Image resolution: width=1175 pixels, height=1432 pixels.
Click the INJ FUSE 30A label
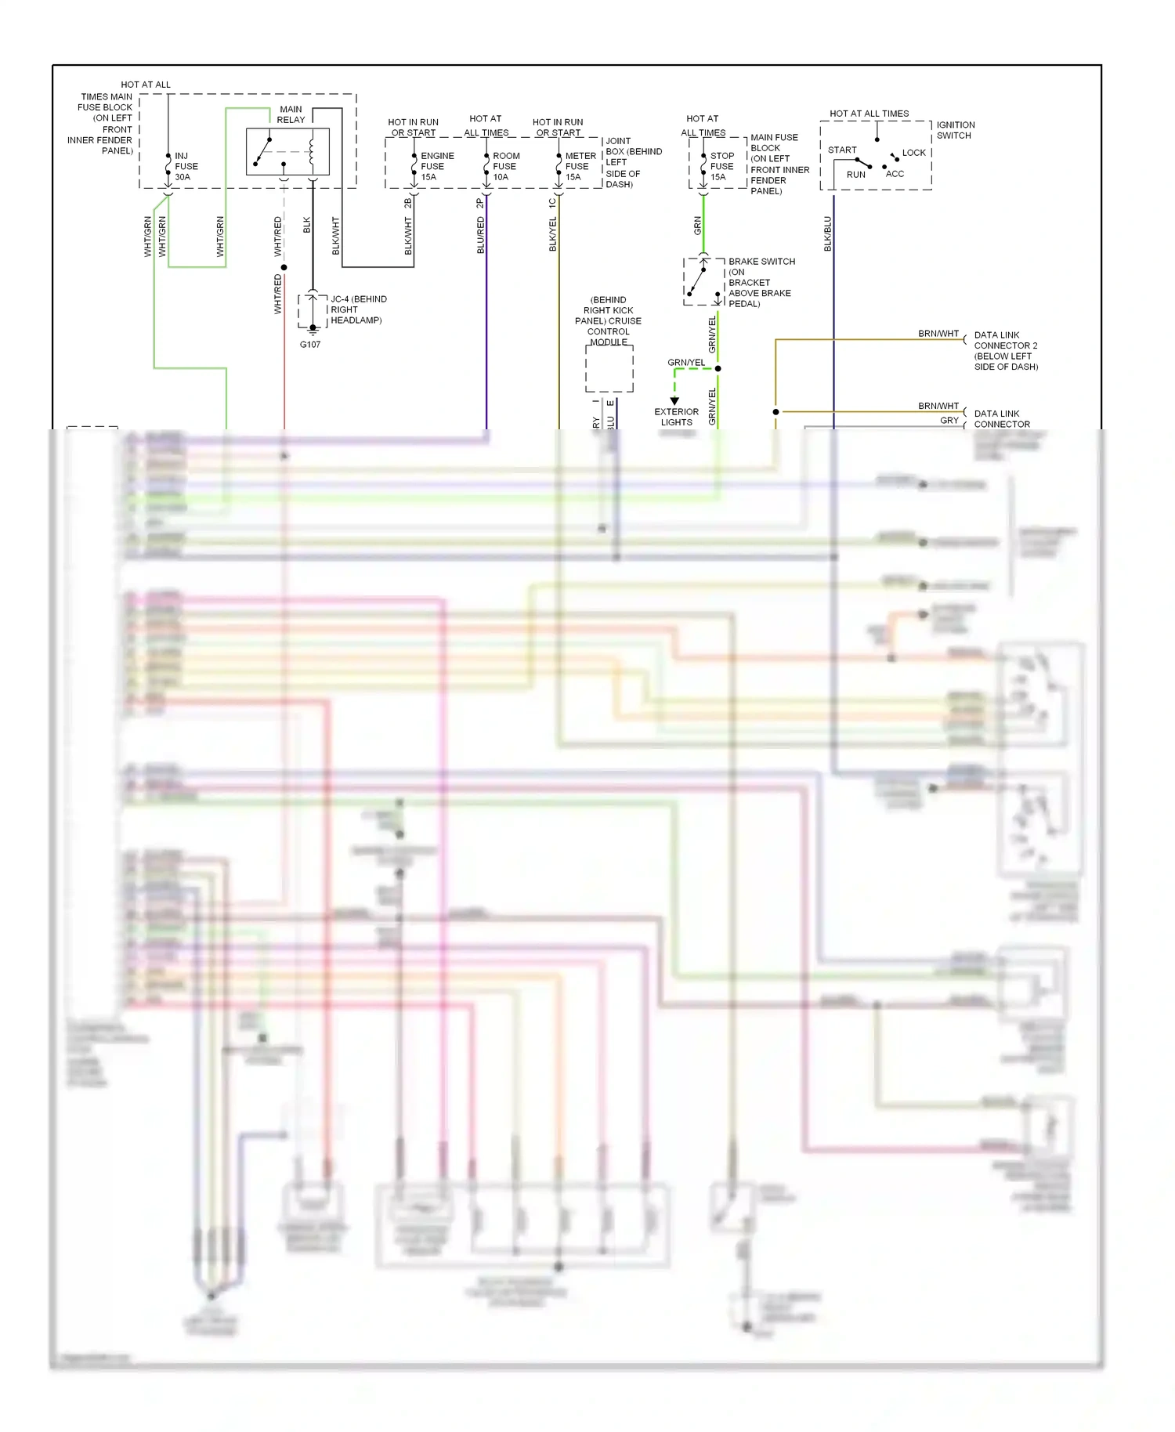pyautogui.click(x=186, y=166)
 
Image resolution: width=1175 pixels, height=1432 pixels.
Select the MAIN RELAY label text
pyautogui.click(x=291, y=114)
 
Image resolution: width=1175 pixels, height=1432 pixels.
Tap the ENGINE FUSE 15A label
pyautogui.click(x=436, y=166)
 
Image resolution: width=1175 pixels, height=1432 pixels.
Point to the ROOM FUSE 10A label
pyautogui.click(x=505, y=166)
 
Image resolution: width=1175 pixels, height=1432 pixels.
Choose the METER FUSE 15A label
pyautogui.click(x=580, y=166)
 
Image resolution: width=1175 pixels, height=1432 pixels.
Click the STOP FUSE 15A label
pyautogui.click(x=721, y=166)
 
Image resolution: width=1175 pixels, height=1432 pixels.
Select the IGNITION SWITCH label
pyautogui.click(x=955, y=130)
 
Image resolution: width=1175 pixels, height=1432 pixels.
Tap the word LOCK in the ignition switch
pyautogui.click(x=913, y=153)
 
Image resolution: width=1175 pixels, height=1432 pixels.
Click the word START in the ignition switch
pyautogui.click(x=842, y=150)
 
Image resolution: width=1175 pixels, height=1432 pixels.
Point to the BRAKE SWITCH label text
pyautogui.click(x=761, y=262)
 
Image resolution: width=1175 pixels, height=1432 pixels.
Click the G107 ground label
pyautogui.click(x=310, y=345)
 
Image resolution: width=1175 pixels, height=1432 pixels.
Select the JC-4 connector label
pyautogui.click(x=358, y=309)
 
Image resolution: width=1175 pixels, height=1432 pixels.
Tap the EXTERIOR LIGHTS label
pyautogui.click(x=676, y=417)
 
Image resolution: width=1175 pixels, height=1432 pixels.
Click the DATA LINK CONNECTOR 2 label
pyautogui.click(x=1005, y=350)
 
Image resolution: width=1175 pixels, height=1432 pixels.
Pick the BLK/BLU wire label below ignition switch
pyautogui.click(x=828, y=233)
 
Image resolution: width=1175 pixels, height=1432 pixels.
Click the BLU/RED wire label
pyautogui.click(x=481, y=235)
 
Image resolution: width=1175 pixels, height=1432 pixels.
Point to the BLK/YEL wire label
pyautogui.click(x=553, y=234)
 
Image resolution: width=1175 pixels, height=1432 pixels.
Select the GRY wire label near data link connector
pyautogui.click(x=949, y=421)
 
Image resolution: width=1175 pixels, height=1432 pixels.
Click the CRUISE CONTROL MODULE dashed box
pyautogui.click(x=609, y=369)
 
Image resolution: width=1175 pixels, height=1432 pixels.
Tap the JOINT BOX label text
pyautogui.click(x=633, y=162)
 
